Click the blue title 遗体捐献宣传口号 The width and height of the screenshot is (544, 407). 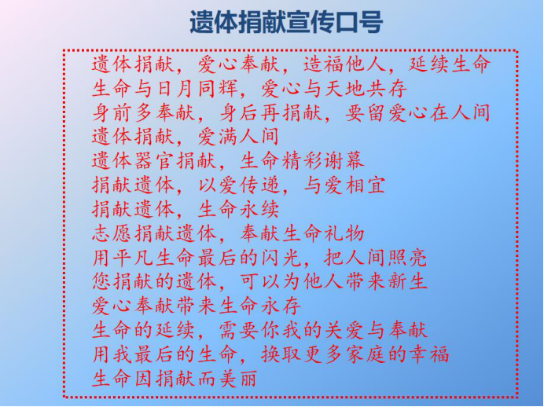(286, 22)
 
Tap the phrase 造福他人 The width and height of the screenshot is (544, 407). (344, 64)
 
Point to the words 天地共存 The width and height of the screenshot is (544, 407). (366, 89)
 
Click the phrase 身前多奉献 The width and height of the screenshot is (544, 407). (145, 113)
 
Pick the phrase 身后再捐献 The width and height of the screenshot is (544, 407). (271, 113)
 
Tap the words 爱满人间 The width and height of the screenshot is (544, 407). (239, 137)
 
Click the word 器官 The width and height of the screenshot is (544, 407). (155, 161)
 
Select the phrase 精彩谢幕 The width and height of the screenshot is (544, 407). (323, 161)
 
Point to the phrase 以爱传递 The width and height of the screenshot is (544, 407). (239, 185)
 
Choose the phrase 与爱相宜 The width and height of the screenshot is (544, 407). (344, 185)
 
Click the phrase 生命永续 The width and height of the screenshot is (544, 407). (239, 210)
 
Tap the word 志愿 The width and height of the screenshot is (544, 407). (112, 233)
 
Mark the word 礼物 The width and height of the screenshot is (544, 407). (344, 233)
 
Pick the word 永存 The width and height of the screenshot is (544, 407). (281, 306)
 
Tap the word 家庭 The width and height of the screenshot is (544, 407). (366, 354)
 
